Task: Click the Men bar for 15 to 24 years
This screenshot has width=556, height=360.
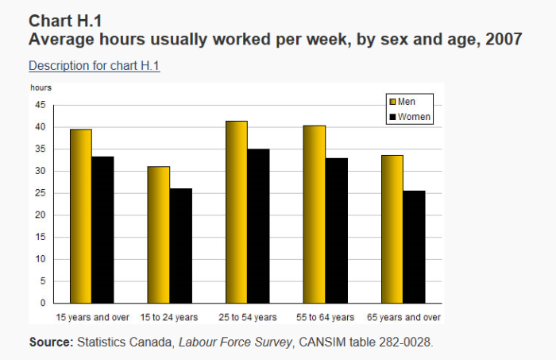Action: click(159, 234)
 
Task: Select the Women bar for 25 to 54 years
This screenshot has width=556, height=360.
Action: click(258, 226)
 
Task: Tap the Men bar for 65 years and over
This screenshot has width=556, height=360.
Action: click(392, 229)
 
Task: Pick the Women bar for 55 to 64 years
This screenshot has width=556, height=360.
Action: click(337, 230)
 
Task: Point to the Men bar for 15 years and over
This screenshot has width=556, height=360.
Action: click(81, 216)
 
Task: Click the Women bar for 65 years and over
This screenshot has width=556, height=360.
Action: click(414, 247)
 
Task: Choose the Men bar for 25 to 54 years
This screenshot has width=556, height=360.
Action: click(237, 212)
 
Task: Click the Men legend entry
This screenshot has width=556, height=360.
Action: click(402, 102)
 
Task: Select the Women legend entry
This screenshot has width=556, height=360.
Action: click(410, 117)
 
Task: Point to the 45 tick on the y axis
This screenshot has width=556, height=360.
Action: click(41, 105)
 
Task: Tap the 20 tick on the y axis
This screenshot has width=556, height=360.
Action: click(41, 215)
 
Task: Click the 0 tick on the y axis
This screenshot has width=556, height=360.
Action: click(43, 303)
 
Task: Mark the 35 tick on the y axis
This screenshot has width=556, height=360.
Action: click(41, 149)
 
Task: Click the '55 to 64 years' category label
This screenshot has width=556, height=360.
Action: click(325, 317)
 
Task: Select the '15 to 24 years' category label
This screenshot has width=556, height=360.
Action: click(168, 317)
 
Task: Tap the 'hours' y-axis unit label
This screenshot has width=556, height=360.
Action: click(41, 87)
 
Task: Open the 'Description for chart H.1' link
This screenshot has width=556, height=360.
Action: click(95, 66)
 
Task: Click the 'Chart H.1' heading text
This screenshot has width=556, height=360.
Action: click(65, 21)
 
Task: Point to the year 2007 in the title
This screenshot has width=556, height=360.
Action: click(504, 39)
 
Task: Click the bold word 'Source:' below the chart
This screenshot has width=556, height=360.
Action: click(51, 343)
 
